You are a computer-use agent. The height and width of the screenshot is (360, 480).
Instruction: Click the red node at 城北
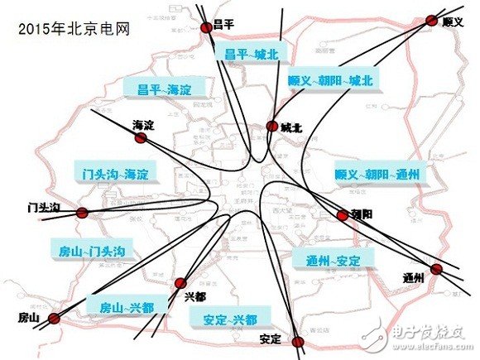coord(271,127)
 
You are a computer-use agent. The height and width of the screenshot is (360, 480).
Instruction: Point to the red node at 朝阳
coord(343,215)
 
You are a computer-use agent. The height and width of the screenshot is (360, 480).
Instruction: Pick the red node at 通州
coord(437,269)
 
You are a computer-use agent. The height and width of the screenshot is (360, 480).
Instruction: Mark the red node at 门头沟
coord(82,213)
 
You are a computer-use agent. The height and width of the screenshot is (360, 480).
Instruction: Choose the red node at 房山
coord(56,317)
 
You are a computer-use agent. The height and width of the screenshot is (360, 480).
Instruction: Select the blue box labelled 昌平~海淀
coord(163,89)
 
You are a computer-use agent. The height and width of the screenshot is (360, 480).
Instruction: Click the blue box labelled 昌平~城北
coord(252,53)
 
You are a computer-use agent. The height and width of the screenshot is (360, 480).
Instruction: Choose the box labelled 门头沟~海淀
coord(113,174)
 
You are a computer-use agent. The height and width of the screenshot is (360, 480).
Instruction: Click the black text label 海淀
coord(143,125)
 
